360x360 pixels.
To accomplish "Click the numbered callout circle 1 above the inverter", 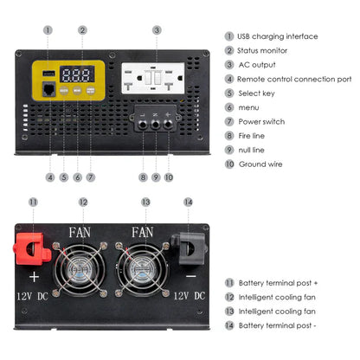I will [48, 29].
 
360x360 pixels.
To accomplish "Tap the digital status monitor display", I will [81, 74].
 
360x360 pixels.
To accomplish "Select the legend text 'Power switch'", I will [261, 121].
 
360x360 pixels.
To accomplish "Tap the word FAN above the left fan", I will [82, 232].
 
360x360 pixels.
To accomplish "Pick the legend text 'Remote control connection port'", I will [294, 79].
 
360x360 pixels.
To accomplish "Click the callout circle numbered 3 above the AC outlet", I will [156, 29].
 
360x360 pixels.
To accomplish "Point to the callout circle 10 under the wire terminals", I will [168, 177].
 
